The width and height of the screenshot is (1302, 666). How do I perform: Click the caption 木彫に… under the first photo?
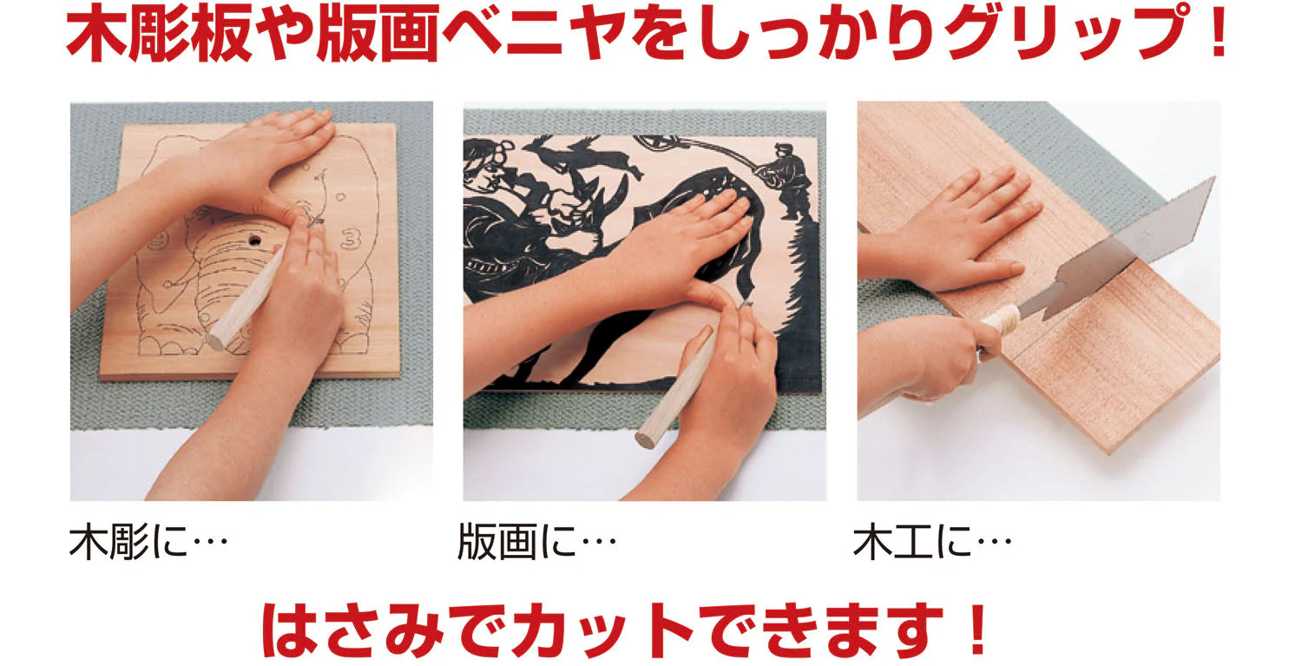pos(148,542)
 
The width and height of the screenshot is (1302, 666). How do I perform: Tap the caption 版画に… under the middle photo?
pos(536,542)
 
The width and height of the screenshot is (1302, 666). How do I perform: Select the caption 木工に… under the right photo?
pos(933,542)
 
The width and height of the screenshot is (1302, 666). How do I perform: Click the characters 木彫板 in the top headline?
pos(159,34)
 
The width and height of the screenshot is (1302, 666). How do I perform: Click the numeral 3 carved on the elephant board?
pos(351,239)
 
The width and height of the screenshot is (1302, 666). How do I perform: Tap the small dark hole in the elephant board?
pos(254,239)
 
